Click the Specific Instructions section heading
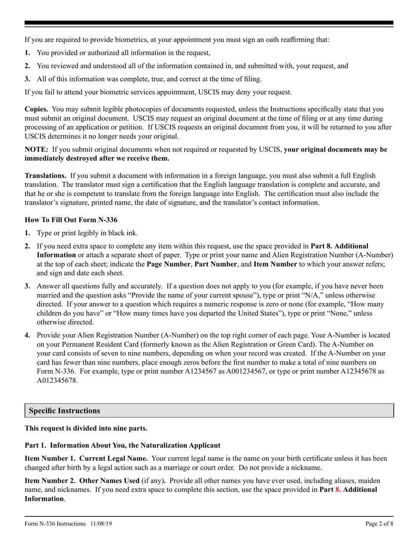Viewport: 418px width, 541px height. pyautogui.click(x=65, y=411)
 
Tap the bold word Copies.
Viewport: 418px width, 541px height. pyautogui.click(x=37, y=109)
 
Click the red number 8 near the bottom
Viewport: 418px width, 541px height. pyautogui.click(x=338, y=489)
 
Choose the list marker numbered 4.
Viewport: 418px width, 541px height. pyautogui.click(x=27, y=335)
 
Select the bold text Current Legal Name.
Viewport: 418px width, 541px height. pyautogui.click(x=114, y=458)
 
